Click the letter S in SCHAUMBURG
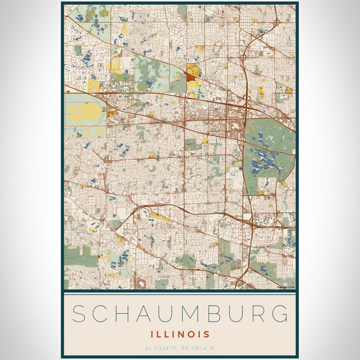click(x=79, y=314)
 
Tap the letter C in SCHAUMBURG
click(x=102, y=314)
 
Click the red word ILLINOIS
click(x=180, y=334)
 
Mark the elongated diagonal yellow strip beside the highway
click(x=158, y=217)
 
